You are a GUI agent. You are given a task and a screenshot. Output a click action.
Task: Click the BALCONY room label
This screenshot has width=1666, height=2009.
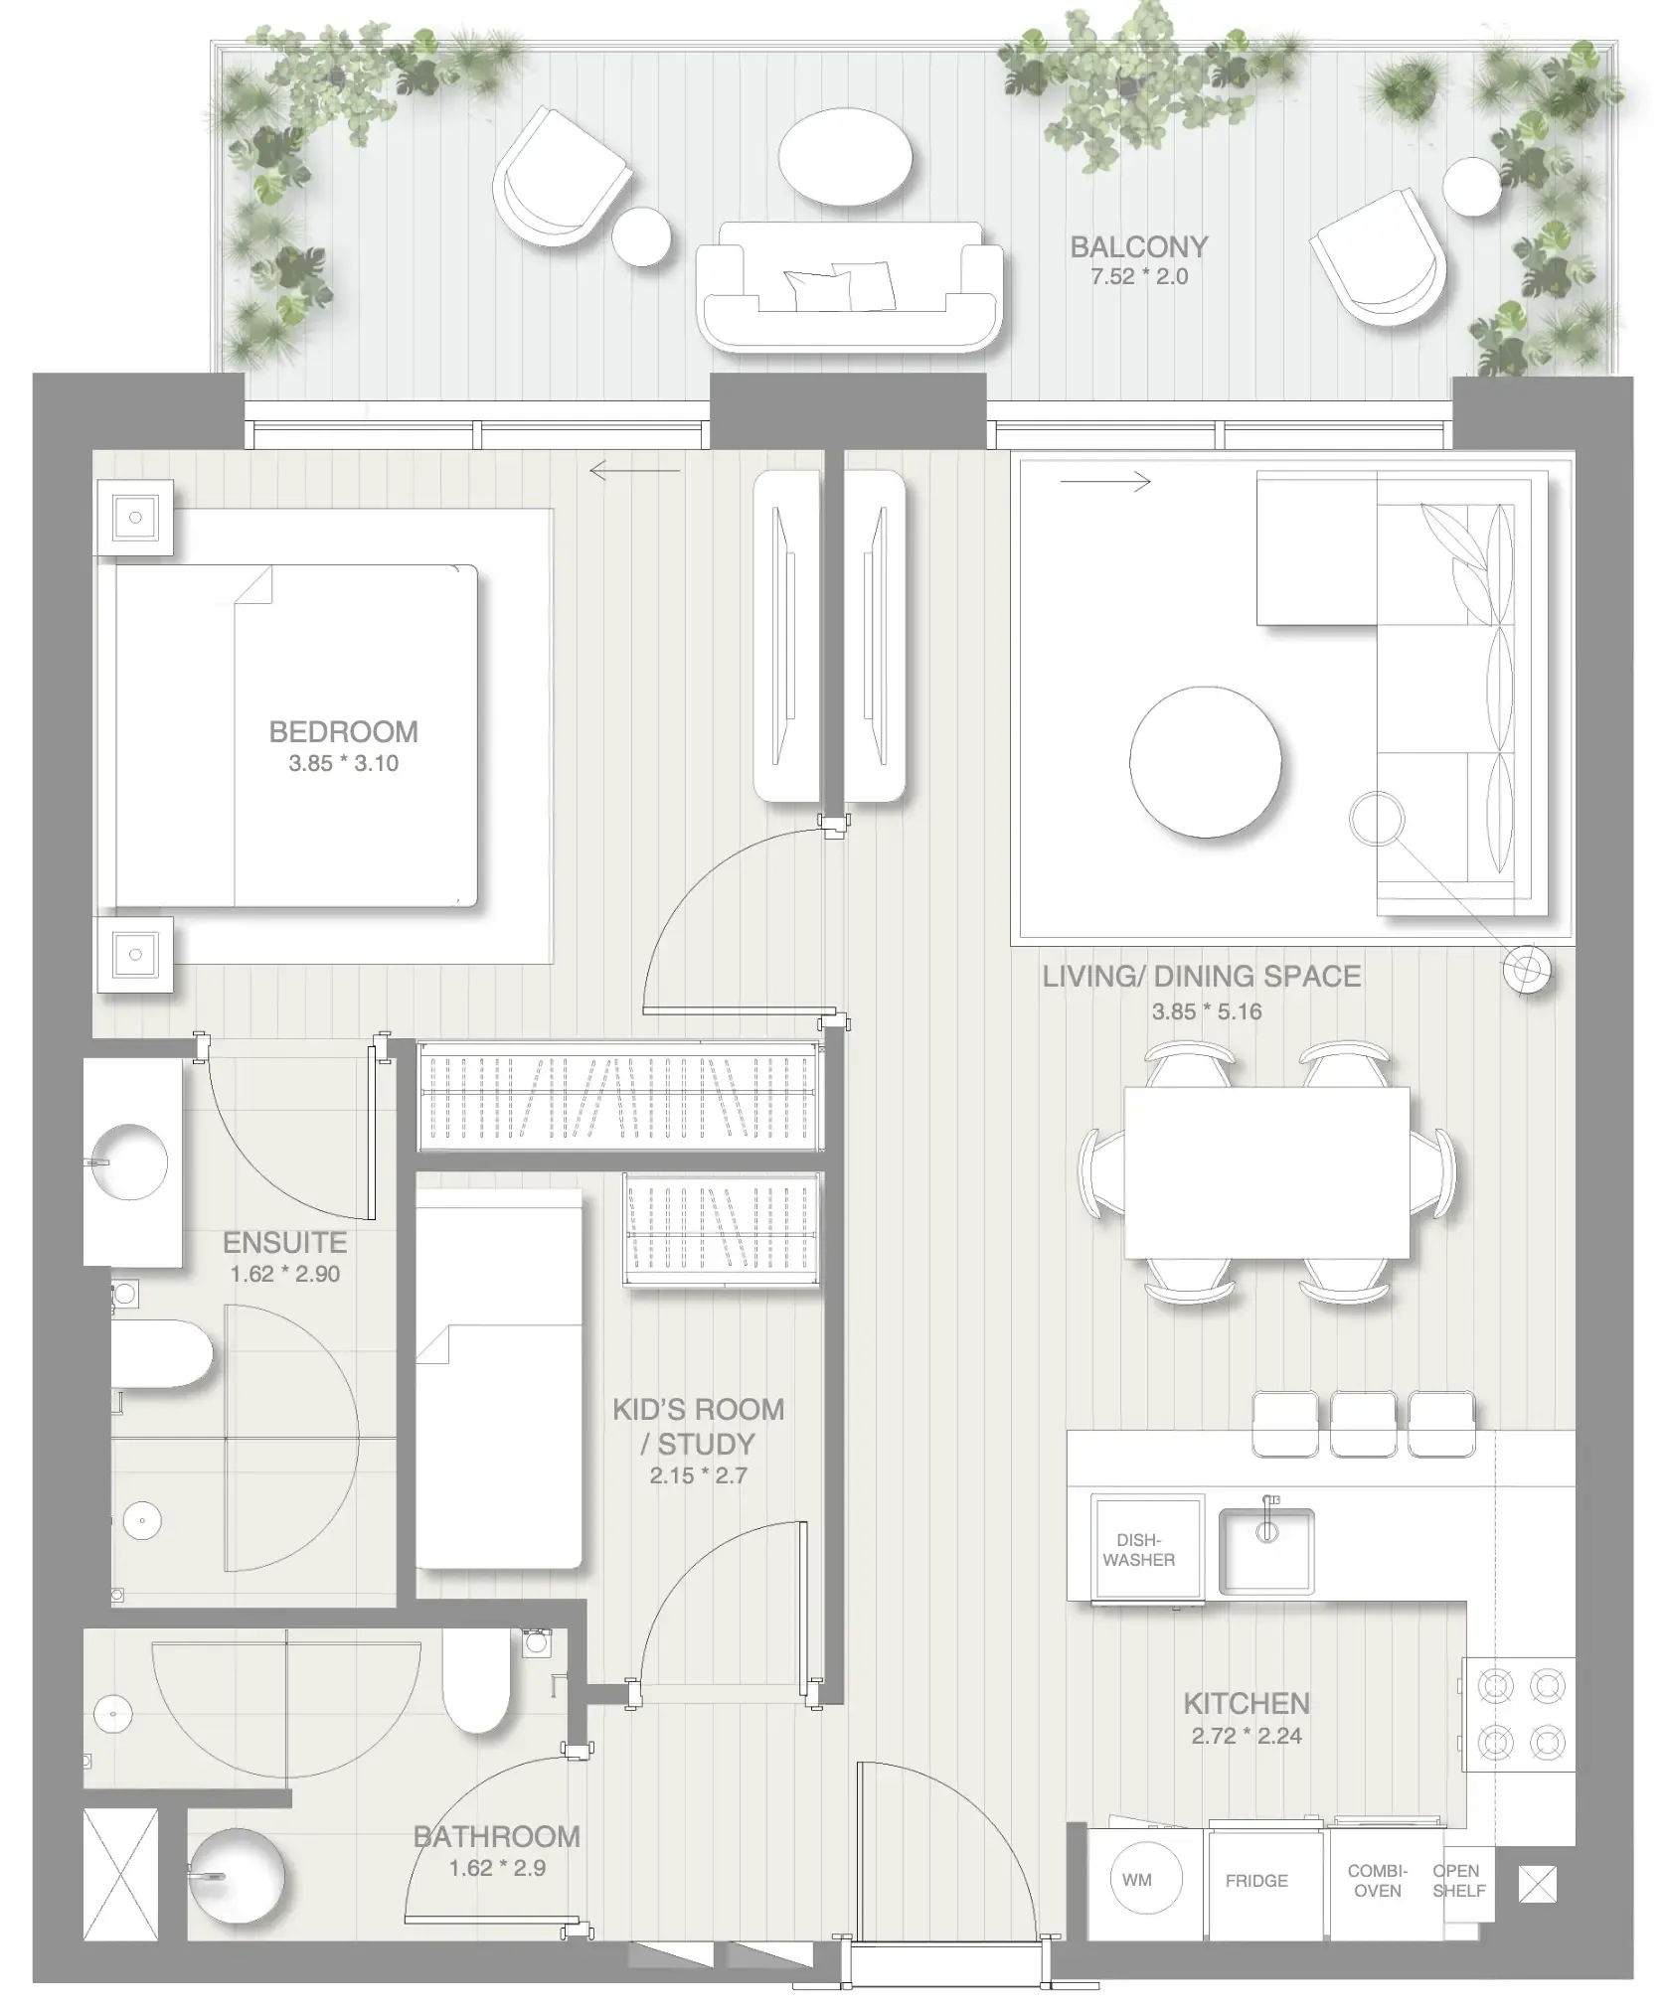pyautogui.click(x=1138, y=246)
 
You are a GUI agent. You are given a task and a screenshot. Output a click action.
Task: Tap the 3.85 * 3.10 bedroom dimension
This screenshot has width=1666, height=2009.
pyautogui.click(x=343, y=763)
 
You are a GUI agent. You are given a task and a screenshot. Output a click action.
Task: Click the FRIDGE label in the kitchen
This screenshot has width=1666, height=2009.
pyautogui.click(x=1255, y=1881)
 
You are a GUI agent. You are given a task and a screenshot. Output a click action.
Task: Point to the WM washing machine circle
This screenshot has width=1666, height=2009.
pyautogui.click(x=1136, y=1879)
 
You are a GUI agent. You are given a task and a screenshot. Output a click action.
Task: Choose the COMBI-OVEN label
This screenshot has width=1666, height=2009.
pyautogui.click(x=1377, y=1881)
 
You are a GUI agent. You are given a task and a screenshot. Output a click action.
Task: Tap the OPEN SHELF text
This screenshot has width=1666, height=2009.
pyautogui.click(x=1457, y=1881)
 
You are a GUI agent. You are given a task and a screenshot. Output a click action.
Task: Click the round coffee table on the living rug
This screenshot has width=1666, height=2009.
pyautogui.click(x=1205, y=762)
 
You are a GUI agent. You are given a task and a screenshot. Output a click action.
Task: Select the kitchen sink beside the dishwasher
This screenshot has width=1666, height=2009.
pyautogui.click(x=1265, y=1551)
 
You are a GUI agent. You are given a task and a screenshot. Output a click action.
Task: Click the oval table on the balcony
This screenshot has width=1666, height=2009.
pyautogui.click(x=845, y=156)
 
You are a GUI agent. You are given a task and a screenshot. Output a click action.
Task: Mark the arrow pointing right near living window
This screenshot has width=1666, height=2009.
pyautogui.click(x=1104, y=482)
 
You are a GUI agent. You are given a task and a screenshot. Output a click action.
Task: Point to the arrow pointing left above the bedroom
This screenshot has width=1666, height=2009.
pyautogui.click(x=635, y=470)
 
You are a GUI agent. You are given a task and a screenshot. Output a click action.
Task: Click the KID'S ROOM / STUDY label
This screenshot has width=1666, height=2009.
pyautogui.click(x=698, y=1426)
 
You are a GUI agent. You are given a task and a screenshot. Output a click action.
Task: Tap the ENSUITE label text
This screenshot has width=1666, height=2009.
pyautogui.click(x=284, y=1242)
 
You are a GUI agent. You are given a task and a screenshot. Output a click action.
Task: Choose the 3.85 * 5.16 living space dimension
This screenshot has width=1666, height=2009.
pyautogui.click(x=1206, y=1011)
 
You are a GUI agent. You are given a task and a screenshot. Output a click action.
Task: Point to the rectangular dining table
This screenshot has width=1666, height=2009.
pyautogui.click(x=1266, y=1172)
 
